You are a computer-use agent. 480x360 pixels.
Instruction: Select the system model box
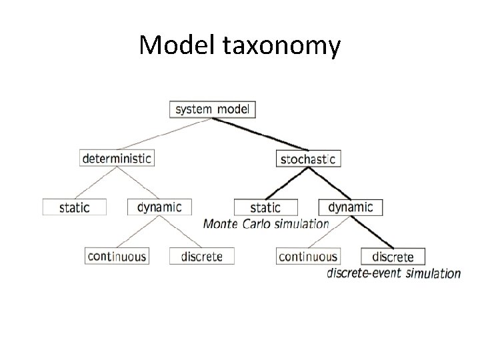[x=213, y=109]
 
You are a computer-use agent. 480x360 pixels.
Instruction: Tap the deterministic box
[x=117, y=159]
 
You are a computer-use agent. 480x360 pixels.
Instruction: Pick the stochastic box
[x=307, y=159]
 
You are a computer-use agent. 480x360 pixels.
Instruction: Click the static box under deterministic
[x=75, y=207]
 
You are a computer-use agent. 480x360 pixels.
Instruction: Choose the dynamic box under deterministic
[x=159, y=207]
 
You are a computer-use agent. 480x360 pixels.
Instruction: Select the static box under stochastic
[x=265, y=207]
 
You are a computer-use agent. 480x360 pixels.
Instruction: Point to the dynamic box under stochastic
[x=350, y=207]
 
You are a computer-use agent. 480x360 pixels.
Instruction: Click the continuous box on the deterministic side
[x=117, y=255]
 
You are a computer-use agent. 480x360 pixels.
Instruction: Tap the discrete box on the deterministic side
[x=201, y=255]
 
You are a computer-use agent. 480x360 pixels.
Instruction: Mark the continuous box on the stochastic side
[x=307, y=256]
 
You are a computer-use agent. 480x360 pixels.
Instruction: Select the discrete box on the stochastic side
[x=393, y=256]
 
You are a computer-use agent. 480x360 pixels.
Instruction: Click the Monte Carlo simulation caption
[x=266, y=224]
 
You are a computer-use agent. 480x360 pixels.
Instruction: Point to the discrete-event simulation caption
[x=393, y=273]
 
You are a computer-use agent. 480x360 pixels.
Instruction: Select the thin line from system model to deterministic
[x=167, y=133]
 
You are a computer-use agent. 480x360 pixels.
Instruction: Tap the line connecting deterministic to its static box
[x=97, y=183]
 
